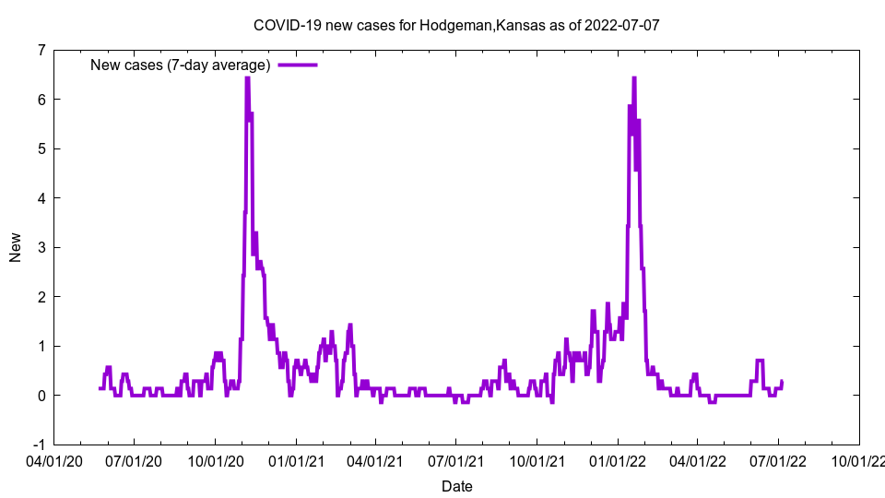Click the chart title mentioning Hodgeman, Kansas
tap(456, 26)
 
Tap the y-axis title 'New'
tap(16, 247)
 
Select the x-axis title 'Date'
tap(457, 486)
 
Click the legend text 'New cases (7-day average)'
tap(180, 65)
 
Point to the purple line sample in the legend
tap(297, 65)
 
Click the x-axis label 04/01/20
tap(55, 460)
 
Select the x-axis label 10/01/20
tap(216, 460)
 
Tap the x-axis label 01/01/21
tap(296, 460)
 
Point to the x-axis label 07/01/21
tap(456, 460)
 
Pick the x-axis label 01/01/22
tap(618, 460)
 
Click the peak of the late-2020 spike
tap(247, 78)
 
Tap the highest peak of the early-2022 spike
tap(634, 78)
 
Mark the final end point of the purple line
tap(782, 382)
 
